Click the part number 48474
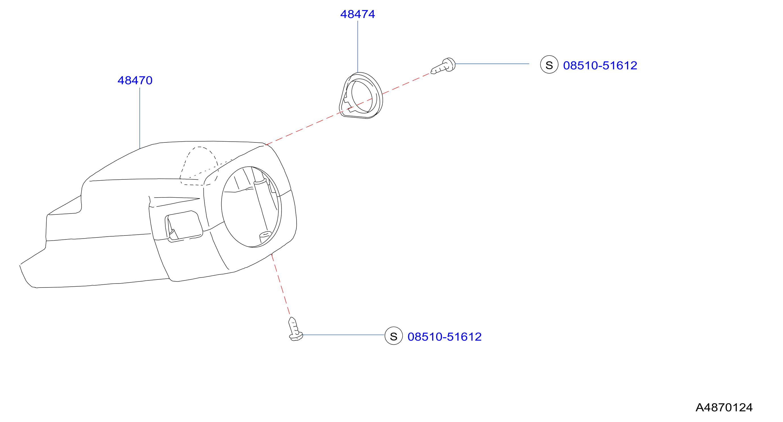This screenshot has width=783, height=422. point(357,14)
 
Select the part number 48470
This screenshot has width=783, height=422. point(135,81)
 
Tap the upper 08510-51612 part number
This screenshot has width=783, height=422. point(600,65)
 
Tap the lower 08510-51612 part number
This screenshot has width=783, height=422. point(444,337)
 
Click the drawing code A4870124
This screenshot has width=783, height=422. point(724,407)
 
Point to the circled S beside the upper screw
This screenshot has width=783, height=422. point(549,65)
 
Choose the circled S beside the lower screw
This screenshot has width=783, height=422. point(393,336)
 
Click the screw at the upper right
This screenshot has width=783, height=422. point(443,66)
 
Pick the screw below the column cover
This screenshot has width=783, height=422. point(295,329)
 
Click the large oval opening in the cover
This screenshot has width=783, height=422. point(251,207)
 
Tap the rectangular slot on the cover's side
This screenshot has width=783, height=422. point(184,226)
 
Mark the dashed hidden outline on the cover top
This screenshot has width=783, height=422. point(199,166)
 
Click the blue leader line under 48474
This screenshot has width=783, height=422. point(358,47)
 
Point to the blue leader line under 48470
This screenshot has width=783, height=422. point(140,118)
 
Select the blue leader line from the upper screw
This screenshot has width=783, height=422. point(492,64)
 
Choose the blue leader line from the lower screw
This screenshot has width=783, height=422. point(343,335)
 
